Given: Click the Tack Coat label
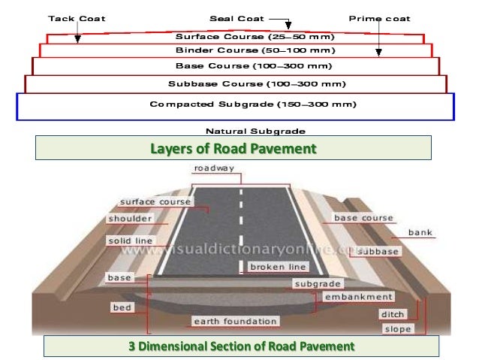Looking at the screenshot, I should pyautogui.click(x=77, y=18).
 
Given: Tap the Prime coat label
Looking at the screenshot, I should pyautogui.click(x=380, y=18).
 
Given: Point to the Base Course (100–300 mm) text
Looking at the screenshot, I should pyautogui.click(x=234, y=66).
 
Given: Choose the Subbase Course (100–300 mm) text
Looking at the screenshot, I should pyautogui.click(x=234, y=83).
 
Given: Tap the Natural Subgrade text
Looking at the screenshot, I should pyautogui.click(x=246, y=130).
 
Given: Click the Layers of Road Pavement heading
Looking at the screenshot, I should pyautogui.click(x=233, y=149).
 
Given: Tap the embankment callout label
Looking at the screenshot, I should pyautogui.click(x=359, y=297).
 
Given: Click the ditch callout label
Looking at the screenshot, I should pyautogui.click(x=392, y=314).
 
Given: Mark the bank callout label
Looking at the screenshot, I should pyautogui.click(x=420, y=232).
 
